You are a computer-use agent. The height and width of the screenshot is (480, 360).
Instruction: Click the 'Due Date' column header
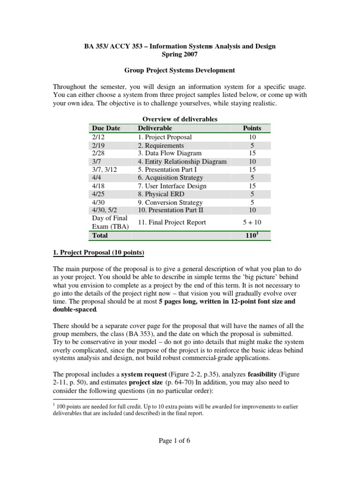106,128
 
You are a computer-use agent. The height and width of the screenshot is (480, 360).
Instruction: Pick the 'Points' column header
252,128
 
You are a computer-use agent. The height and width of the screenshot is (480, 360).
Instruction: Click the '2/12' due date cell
99,137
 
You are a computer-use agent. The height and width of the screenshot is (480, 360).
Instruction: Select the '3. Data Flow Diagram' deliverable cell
170,153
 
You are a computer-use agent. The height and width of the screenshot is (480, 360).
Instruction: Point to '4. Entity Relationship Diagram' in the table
182,162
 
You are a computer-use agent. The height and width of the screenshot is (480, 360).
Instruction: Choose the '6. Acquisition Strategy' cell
171,178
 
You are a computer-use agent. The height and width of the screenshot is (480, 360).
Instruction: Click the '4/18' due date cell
99,186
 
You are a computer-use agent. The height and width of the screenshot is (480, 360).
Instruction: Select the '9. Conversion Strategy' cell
171,202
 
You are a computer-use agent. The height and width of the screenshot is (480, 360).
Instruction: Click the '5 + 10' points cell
252,222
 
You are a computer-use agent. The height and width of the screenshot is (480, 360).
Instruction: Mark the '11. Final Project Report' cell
172,222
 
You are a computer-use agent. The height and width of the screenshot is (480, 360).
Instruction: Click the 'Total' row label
100,236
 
